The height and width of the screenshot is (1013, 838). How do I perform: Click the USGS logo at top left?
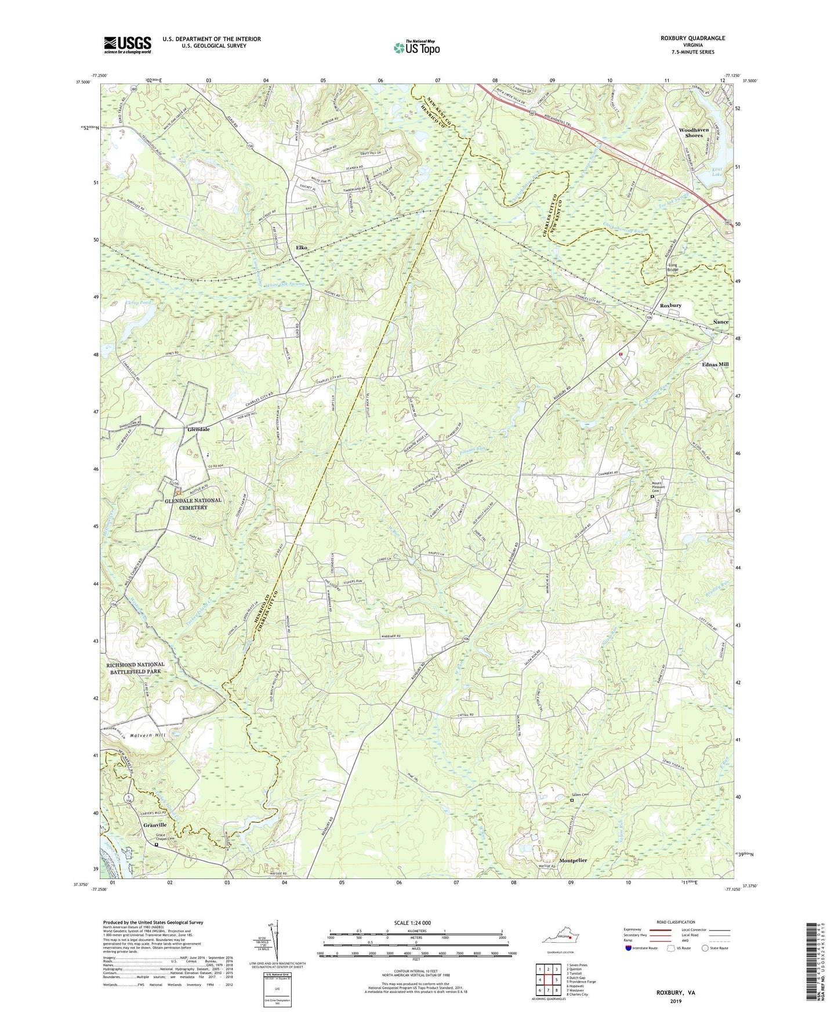click(128, 45)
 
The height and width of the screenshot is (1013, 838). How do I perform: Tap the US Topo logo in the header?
click(416, 48)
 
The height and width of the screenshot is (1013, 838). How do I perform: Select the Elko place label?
click(302, 248)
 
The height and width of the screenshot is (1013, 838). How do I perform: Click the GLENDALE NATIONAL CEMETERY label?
click(193, 504)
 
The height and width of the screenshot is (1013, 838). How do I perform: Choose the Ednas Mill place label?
click(715, 364)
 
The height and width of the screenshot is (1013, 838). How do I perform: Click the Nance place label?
click(720, 322)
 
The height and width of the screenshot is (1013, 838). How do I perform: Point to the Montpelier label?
click(573, 860)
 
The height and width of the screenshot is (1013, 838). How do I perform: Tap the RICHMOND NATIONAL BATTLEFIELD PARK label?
click(135, 668)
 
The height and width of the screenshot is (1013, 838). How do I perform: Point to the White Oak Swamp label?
click(285, 285)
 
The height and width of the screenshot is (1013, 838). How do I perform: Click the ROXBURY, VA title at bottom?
click(676, 993)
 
